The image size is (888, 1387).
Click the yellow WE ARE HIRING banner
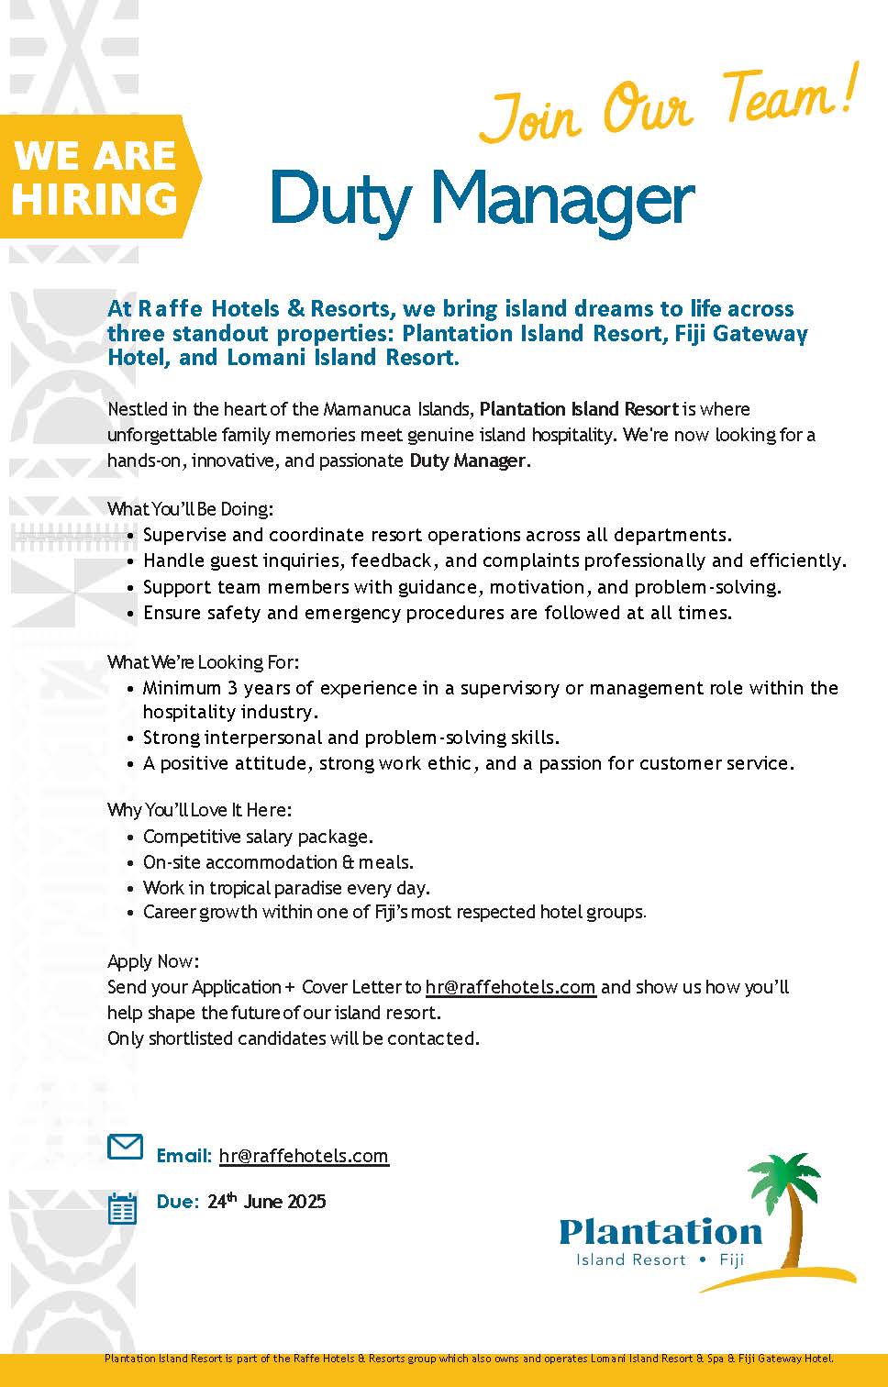point(96,177)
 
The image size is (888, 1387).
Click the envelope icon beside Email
point(126,1147)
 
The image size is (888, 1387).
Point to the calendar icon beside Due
point(122,1208)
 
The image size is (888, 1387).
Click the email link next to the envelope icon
point(304,1156)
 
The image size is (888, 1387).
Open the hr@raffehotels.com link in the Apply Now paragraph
point(510,987)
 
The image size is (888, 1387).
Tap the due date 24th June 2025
point(266,1202)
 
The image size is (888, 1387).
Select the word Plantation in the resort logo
point(660,1231)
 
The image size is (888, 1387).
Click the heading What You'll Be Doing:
point(190,508)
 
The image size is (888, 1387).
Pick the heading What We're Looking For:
point(203,661)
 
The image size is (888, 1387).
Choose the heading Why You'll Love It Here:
point(199,810)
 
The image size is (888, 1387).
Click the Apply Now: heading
point(153,961)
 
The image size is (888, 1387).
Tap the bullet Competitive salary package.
point(258,837)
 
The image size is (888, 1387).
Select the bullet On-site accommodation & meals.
point(278,862)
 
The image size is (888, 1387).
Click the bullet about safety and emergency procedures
point(438,613)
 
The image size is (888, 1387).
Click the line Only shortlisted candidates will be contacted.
point(294,1038)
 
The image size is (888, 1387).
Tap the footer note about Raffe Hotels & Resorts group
point(469,1359)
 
